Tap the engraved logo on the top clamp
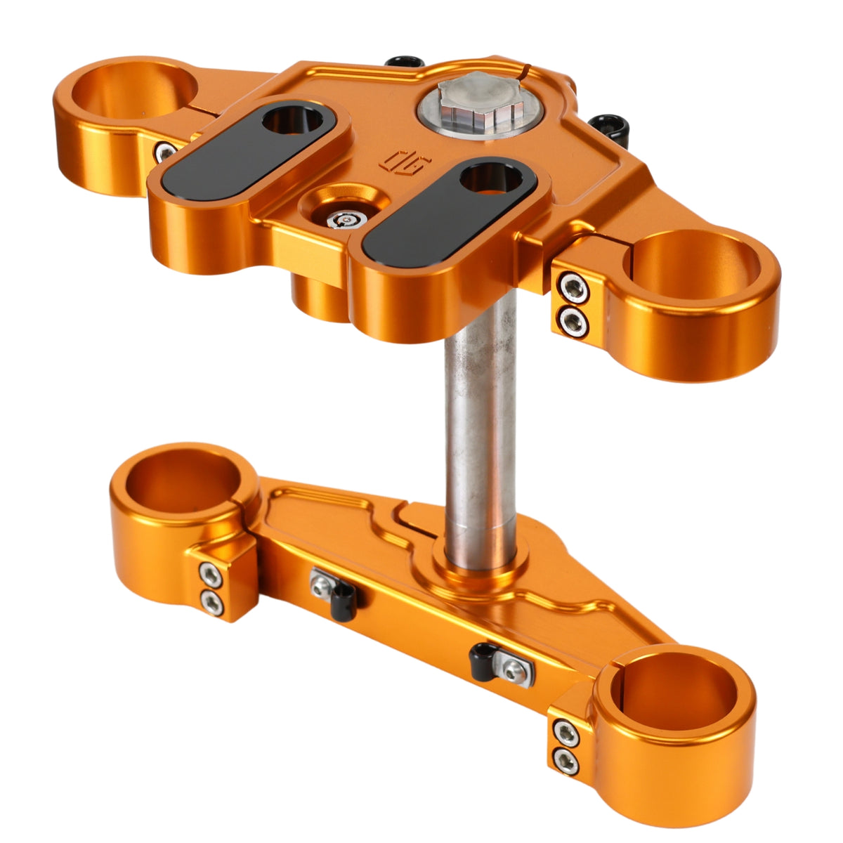395,161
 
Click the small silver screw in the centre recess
346,220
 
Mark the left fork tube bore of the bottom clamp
184,478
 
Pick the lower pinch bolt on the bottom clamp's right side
567,759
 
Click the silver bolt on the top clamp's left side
166,150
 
